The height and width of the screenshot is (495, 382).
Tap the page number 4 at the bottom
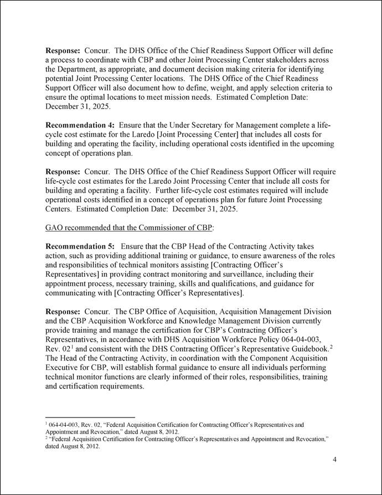pos(334,460)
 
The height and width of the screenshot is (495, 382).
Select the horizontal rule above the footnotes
pos(90,417)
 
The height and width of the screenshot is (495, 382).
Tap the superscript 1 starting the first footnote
pos(47,424)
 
